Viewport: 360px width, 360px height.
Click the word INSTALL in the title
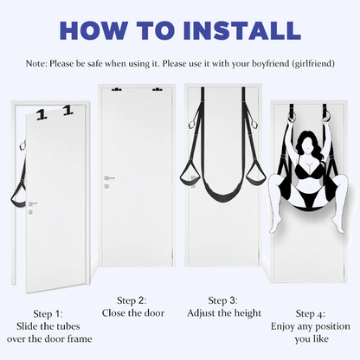[x=242, y=30]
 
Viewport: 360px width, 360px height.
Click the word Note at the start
[x=36, y=63]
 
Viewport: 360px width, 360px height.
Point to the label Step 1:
[x=48, y=313]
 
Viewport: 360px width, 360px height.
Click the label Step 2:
[x=132, y=300]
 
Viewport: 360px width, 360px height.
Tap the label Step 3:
[x=223, y=300]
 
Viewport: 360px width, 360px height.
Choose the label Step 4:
[x=311, y=313]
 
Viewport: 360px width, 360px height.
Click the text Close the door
[x=133, y=313]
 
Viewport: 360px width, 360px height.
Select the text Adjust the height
[x=224, y=313]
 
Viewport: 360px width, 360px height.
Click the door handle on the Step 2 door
[x=109, y=178]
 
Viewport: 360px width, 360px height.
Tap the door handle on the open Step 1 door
[x=33, y=204]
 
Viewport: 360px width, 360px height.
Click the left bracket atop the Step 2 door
[x=116, y=89]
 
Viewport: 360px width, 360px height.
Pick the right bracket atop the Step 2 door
[x=157, y=89]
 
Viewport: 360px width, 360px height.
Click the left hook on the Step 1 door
[x=42, y=115]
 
